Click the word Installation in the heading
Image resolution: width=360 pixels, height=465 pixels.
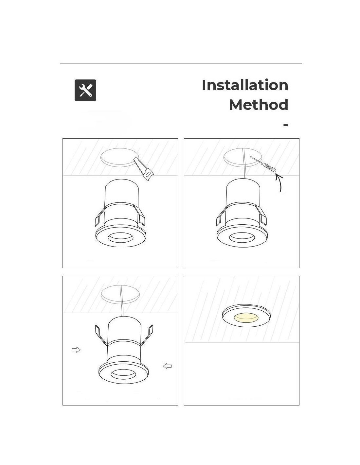pyautogui.click(x=245, y=85)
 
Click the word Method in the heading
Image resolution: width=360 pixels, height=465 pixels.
pyautogui.click(x=259, y=105)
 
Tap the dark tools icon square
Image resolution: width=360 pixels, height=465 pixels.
pyautogui.click(x=85, y=90)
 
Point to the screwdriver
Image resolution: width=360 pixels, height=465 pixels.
pyautogui.click(x=262, y=164)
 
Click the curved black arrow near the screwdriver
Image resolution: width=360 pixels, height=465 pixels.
pyautogui.click(x=279, y=182)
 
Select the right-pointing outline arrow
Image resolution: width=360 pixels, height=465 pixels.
pyautogui.click(x=76, y=350)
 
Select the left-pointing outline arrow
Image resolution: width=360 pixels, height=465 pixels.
pyautogui.click(x=167, y=366)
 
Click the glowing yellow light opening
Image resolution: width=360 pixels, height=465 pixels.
pyautogui.click(x=246, y=318)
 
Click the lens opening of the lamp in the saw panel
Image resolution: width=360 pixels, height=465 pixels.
pyautogui.click(x=120, y=237)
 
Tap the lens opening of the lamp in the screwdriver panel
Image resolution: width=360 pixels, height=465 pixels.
pyautogui.click(x=242, y=238)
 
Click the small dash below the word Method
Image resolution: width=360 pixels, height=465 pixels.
pyautogui.click(x=285, y=125)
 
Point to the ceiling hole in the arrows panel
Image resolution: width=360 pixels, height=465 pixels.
pyautogui.click(x=120, y=295)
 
